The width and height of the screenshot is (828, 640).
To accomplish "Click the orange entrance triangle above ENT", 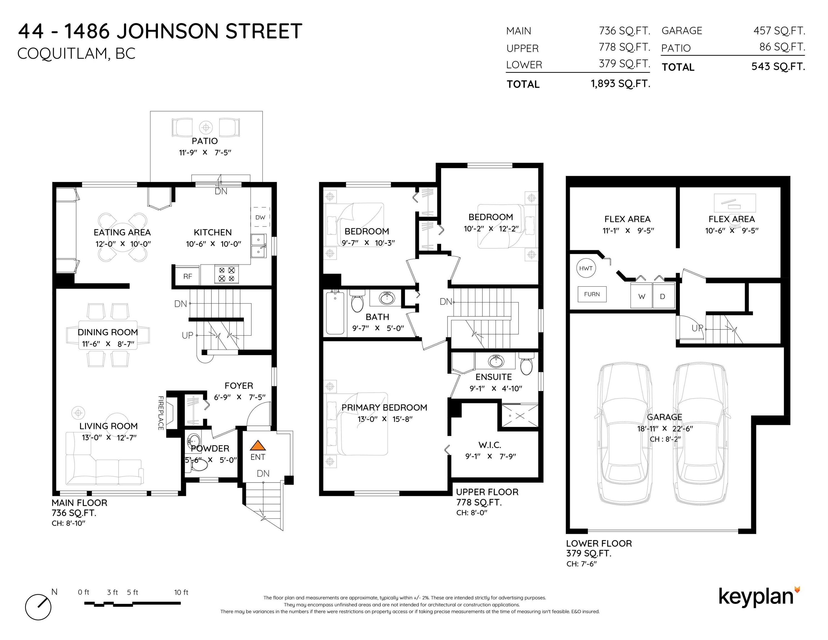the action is [258, 445].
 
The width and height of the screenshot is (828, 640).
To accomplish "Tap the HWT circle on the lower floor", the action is [586, 268].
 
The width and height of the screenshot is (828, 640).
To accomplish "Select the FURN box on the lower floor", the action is [592, 294].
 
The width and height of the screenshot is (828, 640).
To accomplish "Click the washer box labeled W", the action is [641, 295].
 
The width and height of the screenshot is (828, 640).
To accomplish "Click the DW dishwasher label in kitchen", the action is [260, 217].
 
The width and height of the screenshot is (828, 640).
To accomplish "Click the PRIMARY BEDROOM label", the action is [384, 407].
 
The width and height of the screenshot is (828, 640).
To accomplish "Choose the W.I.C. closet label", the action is [490, 445].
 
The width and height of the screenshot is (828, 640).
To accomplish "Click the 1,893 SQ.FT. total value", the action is [621, 83].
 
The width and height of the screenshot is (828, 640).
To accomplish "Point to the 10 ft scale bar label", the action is [181, 592].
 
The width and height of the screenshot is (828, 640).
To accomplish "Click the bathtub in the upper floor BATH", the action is [335, 312].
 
